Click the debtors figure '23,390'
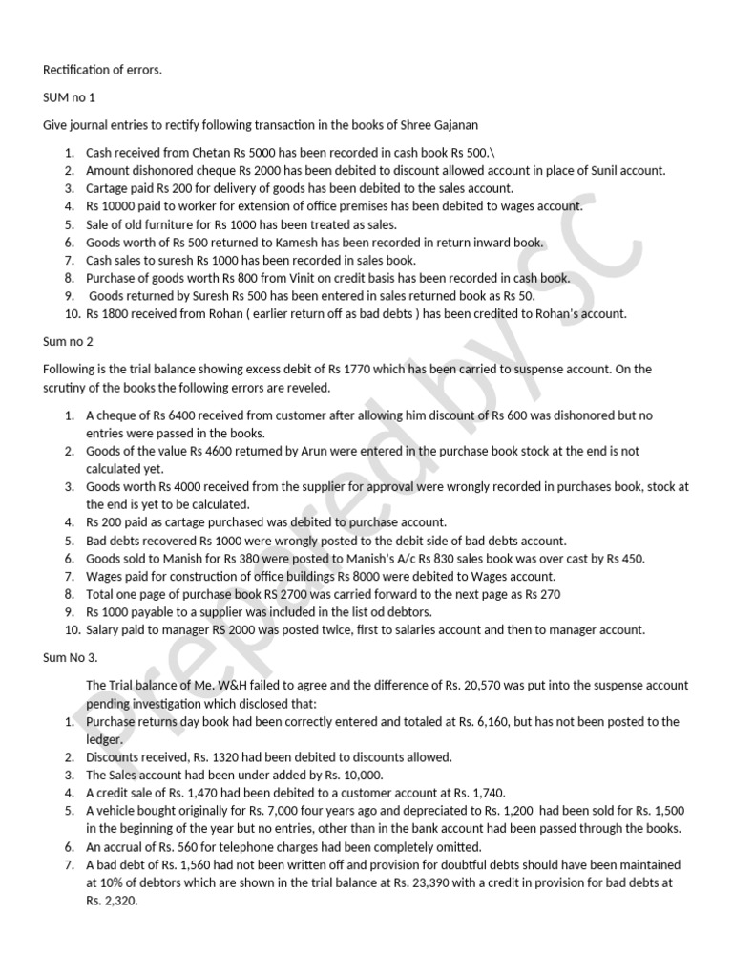485,882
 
